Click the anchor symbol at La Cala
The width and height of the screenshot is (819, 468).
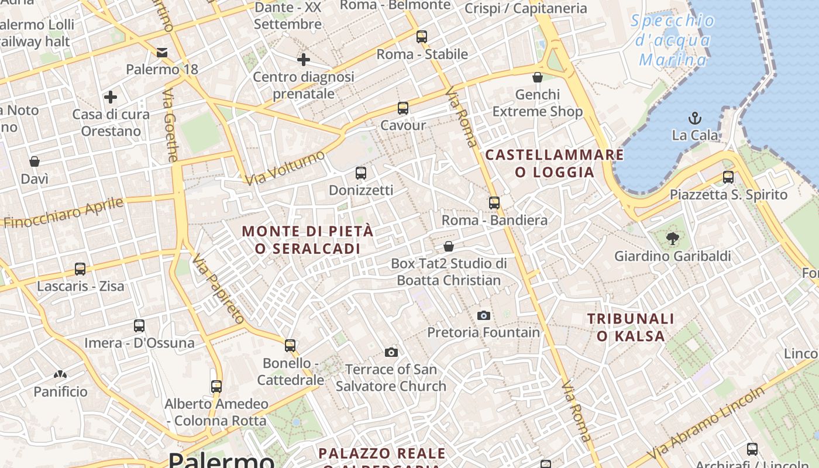pos(695,118)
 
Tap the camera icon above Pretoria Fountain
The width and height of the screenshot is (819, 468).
pos(484,315)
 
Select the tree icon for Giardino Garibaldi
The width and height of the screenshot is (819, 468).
pos(673,238)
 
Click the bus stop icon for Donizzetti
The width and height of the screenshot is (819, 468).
pos(361,173)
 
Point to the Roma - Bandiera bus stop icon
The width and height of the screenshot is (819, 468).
pos(494,203)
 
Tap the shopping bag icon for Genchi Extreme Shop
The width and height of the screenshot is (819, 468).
pos(538,77)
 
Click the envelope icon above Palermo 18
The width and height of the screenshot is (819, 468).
pos(162,53)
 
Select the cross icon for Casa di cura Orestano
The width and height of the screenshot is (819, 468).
pos(111,97)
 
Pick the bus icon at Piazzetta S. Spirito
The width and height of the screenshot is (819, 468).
pos(728,177)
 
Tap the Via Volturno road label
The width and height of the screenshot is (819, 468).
pos(285,168)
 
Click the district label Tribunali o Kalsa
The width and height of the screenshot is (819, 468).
pos(631,328)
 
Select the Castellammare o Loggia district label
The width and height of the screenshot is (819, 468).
pos(555,163)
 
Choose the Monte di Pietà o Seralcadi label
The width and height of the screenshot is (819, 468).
pos(308,240)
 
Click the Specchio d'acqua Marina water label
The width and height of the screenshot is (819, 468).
pos(673,40)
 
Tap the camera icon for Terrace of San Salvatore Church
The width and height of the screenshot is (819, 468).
pos(391,352)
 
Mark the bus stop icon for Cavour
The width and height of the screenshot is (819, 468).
pos(403,108)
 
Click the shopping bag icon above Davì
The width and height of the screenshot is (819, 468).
pos(35,161)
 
